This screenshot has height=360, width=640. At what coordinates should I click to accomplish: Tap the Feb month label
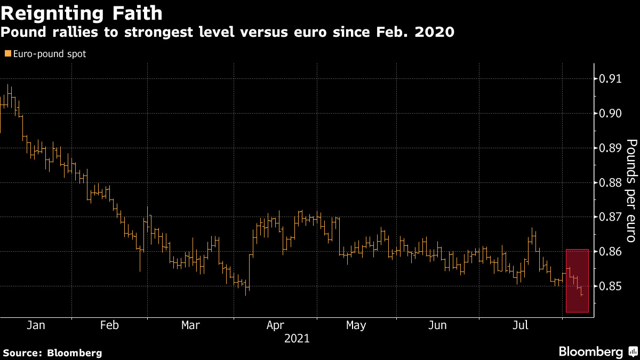[x=109, y=325]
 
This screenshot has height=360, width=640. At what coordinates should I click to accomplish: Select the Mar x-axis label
[x=191, y=325]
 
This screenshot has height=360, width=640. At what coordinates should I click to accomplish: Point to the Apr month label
[x=275, y=325]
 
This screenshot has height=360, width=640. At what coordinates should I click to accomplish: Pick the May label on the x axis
[x=356, y=325]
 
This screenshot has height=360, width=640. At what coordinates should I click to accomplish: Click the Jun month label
[x=437, y=325]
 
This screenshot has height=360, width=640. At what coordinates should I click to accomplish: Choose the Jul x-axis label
[x=521, y=325]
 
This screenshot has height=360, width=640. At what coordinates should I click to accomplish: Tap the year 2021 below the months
[x=297, y=338]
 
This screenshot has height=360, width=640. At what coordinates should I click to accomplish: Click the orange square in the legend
[x=7, y=54]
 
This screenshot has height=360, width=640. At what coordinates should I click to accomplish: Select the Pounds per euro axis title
[x=631, y=183]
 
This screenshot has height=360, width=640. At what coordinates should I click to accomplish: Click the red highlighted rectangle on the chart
[x=577, y=281]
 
